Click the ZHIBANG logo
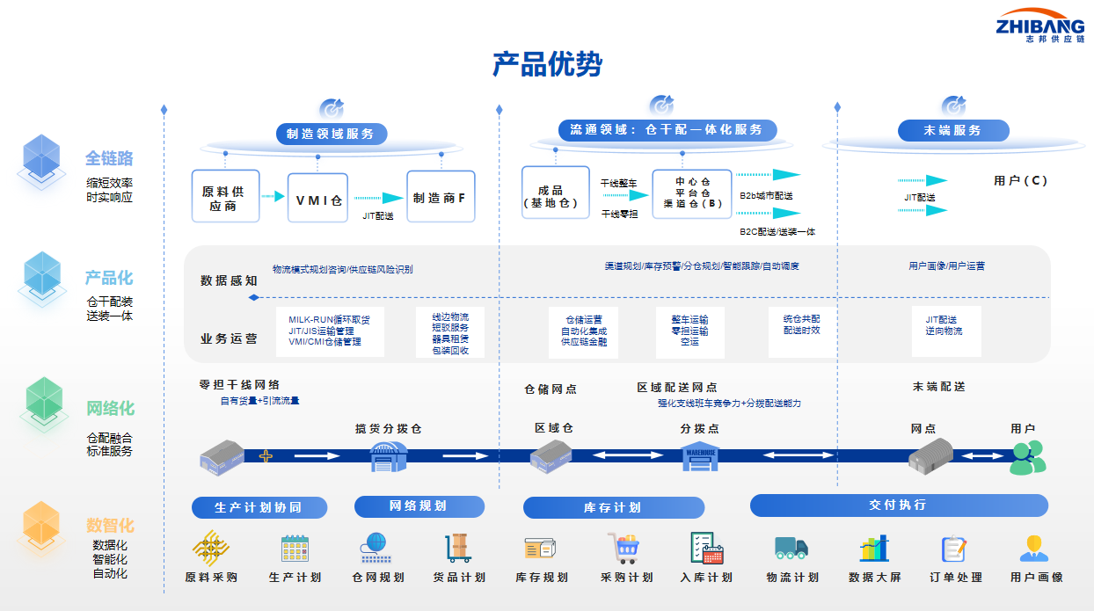click(1039, 26)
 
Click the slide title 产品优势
click(547, 64)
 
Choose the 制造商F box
click(441, 197)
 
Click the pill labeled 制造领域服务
click(331, 134)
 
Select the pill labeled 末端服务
click(953, 130)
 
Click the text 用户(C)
click(1020, 181)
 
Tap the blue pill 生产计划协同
click(259, 507)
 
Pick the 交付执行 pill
click(898, 506)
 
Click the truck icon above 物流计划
click(791, 549)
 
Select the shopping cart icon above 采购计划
click(624, 549)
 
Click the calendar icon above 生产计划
click(295, 549)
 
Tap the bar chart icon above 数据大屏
click(873, 549)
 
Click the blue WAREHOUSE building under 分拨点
click(700, 456)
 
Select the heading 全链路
click(109, 158)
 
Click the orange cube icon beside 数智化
click(41, 525)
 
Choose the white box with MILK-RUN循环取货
click(325, 331)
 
